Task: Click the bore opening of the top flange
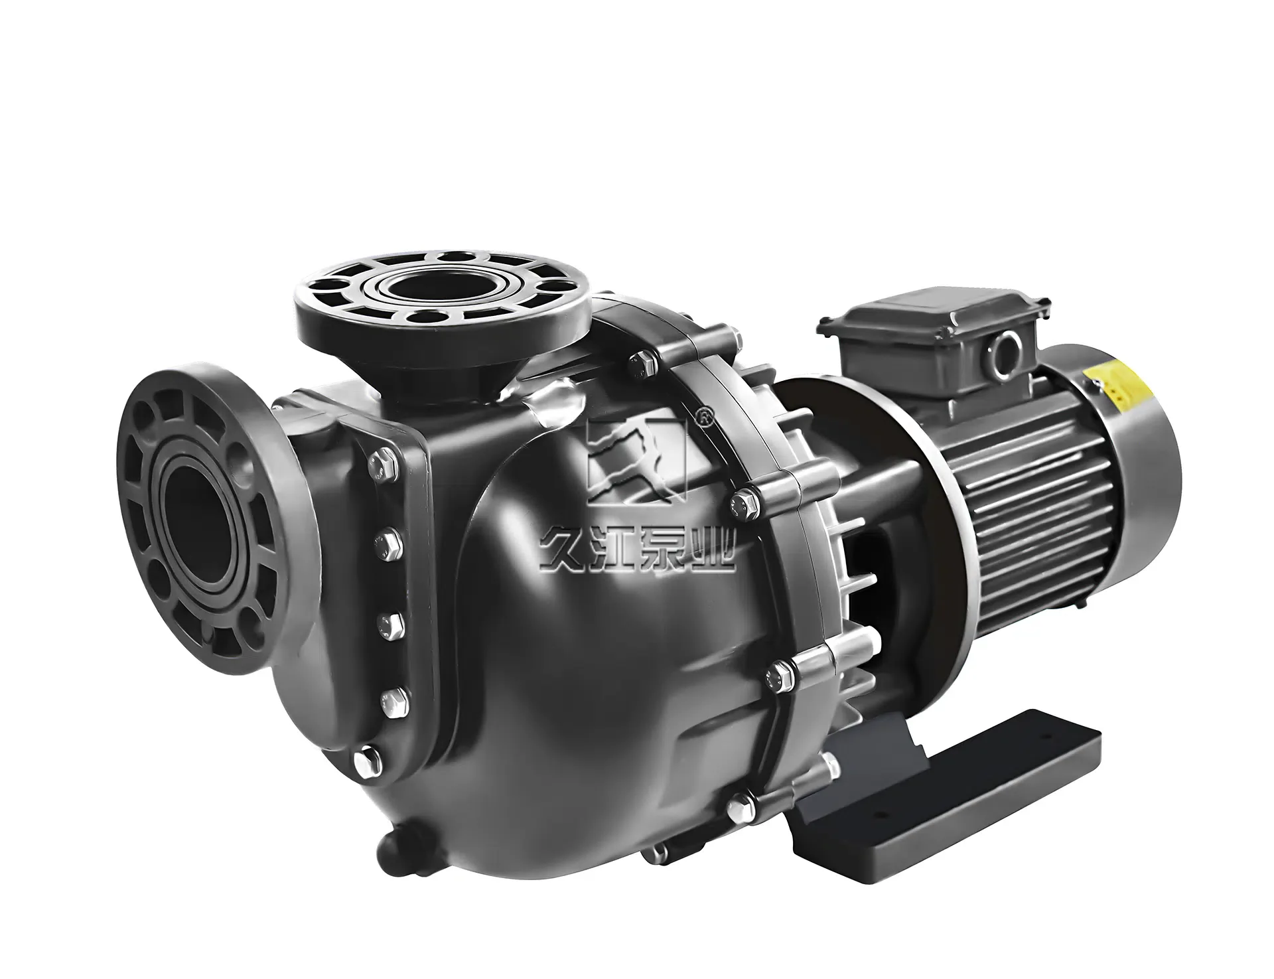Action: coord(423,287)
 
